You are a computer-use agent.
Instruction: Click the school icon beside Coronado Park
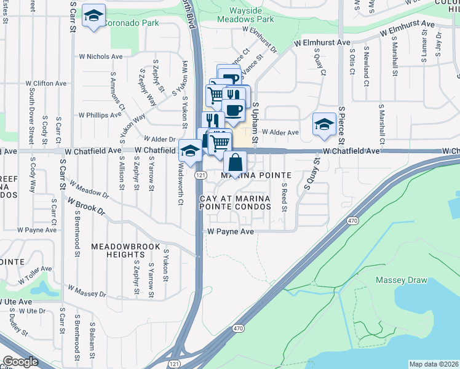tap(93, 17)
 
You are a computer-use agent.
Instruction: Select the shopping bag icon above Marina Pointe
tap(235, 164)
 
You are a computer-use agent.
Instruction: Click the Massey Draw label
tap(401, 280)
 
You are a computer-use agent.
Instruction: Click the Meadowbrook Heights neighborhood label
tap(117, 250)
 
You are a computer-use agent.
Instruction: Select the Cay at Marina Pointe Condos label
tap(235, 202)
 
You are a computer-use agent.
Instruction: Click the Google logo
tap(20, 362)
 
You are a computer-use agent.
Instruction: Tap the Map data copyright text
tap(433, 364)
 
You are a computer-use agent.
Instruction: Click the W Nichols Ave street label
tap(101, 56)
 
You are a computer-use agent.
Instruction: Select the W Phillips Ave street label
tap(100, 115)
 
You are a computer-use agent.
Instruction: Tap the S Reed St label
tap(284, 197)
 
